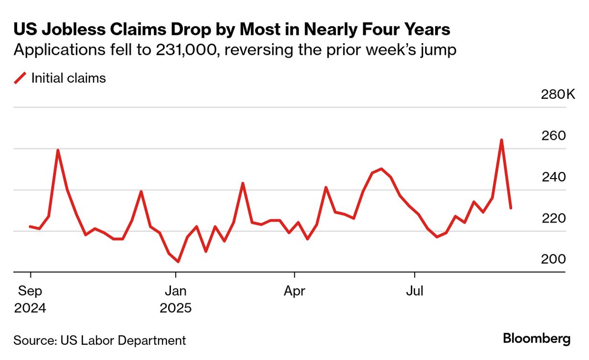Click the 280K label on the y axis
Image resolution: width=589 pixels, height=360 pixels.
pos(558,95)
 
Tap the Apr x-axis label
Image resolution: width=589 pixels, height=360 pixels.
pos(294,291)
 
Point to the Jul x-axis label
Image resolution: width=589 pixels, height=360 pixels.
pos(414,291)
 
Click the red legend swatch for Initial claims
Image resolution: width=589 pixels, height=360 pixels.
pos(20,78)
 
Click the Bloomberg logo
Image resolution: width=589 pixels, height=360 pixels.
pos(536,339)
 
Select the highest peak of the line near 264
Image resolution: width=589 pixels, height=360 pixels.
pos(502,140)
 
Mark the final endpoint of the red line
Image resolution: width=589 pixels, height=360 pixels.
pos(511,208)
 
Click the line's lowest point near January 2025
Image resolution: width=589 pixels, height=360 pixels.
pos(178,262)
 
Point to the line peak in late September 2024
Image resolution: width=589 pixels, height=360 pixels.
pos(58,150)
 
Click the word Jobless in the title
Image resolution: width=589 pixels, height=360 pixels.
pos(68,30)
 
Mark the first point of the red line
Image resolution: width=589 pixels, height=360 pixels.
pos(30,226)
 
